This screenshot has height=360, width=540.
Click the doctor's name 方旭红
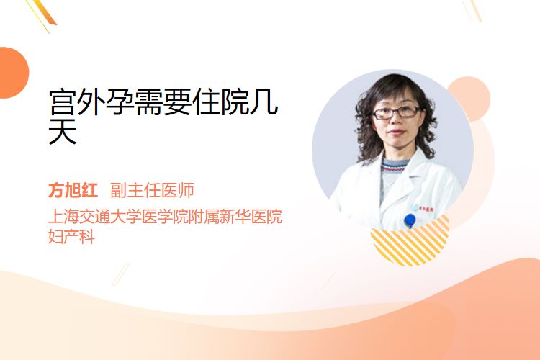(x=73, y=190)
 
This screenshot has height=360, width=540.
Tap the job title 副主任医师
(x=152, y=190)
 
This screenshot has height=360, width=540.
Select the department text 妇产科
(x=71, y=236)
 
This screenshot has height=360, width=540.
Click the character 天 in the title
(x=63, y=131)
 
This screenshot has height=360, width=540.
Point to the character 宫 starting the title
(x=63, y=102)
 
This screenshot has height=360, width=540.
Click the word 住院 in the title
(x=220, y=102)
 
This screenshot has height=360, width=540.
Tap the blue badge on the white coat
(x=410, y=220)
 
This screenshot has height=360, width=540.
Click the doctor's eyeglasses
(x=396, y=112)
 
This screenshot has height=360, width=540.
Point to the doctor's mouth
(x=396, y=132)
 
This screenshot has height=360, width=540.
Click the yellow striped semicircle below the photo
(x=410, y=243)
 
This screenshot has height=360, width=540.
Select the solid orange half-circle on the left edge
(x=13, y=73)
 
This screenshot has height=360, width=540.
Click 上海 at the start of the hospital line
(x=63, y=216)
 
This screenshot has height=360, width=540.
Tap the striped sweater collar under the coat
(x=395, y=166)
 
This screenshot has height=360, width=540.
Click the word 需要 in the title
(x=163, y=102)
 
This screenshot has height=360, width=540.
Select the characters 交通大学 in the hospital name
(x=110, y=216)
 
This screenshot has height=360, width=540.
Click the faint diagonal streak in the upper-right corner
(x=474, y=10)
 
